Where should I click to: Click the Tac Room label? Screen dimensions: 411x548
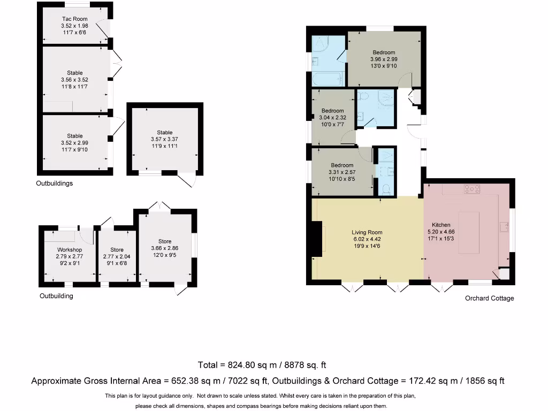(x=74, y=19)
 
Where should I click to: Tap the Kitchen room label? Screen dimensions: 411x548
(x=442, y=225)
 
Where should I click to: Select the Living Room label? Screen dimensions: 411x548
(x=367, y=232)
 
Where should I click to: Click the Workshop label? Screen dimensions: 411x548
(x=70, y=250)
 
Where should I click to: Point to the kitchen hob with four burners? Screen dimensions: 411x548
(x=471, y=188)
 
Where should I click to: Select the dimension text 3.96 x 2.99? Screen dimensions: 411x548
(x=384, y=59)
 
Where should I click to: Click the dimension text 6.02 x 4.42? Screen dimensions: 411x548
(x=367, y=239)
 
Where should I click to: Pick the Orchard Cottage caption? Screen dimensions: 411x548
(x=489, y=298)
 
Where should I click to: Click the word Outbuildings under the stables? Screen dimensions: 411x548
(x=55, y=184)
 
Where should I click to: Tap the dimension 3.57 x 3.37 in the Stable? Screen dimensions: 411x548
(x=165, y=139)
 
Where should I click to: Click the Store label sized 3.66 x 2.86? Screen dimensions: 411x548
(x=165, y=241)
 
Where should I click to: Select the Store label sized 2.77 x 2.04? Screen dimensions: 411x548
(x=117, y=250)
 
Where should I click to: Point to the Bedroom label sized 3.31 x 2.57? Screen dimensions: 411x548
(x=341, y=165)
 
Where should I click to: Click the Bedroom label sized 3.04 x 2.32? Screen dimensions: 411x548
(x=332, y=111)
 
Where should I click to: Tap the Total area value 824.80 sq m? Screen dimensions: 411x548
(x=262, y=366)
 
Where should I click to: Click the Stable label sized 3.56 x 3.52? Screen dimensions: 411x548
(x=75, y=73)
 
